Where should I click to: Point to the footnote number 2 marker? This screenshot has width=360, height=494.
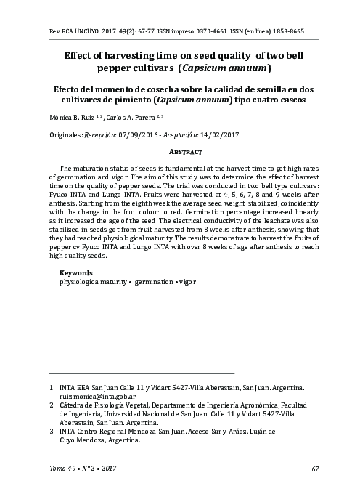(51, 409)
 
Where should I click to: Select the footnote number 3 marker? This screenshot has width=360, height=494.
(51, 432)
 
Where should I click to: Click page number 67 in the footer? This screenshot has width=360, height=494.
(315, 468)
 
